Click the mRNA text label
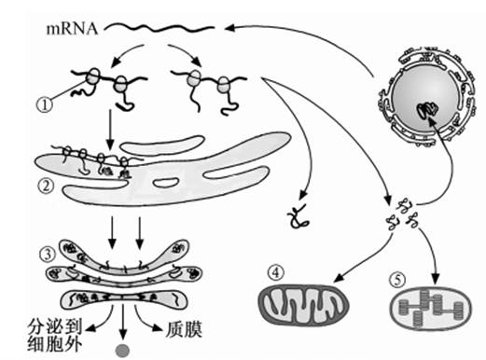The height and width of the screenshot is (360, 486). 72,29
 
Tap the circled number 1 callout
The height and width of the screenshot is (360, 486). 45,104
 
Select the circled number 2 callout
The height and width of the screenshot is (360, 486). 46,187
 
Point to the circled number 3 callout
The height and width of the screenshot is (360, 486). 48,255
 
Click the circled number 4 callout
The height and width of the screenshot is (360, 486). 276,273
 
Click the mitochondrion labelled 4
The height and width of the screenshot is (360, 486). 304,305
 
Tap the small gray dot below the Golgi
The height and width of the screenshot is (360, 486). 122,351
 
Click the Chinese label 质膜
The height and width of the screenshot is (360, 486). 184,329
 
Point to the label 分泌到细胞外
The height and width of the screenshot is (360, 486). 55,335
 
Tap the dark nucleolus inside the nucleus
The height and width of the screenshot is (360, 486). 428,111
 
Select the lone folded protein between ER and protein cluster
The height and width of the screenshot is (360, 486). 299,215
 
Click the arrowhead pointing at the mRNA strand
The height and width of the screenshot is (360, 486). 229,28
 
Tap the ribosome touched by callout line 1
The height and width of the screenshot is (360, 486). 92,76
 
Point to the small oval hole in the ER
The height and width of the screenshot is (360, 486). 166,183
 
